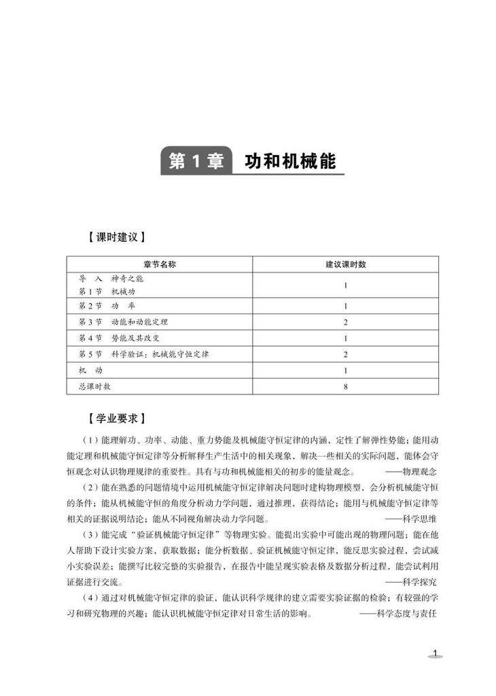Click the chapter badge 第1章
(x=196, y=162)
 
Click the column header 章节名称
(x=159, y=264)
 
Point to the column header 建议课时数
(x=345, y=264)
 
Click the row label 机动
(x=90, y=370)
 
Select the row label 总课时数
(x=94, y=386)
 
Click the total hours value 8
(x=345, y=386)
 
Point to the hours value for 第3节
(x=345, y=321)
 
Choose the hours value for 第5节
(x=345, y=354)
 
